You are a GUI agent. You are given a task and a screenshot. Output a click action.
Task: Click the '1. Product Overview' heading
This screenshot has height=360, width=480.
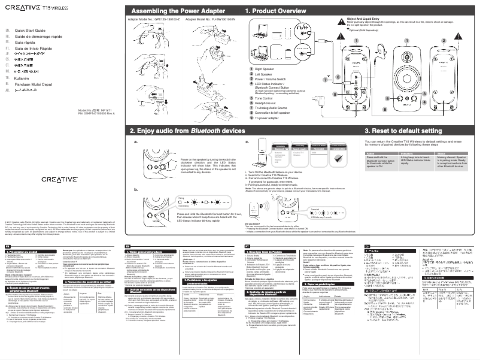281,11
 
